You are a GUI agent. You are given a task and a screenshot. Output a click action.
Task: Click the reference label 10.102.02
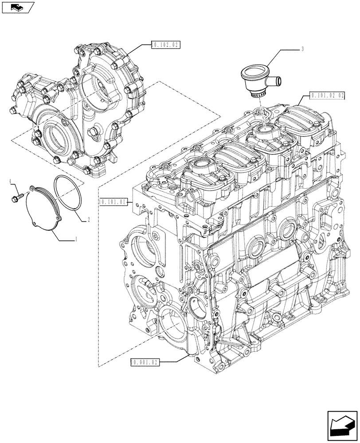click(165, 45)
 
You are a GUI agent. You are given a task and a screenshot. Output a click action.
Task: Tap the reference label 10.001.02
click(145, 362)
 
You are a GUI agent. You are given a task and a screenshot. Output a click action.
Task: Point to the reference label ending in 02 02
click(328, 95)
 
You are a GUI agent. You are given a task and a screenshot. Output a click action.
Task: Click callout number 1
click(76, 238)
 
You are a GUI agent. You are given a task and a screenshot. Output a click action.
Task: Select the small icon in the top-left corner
click(16, 6)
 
